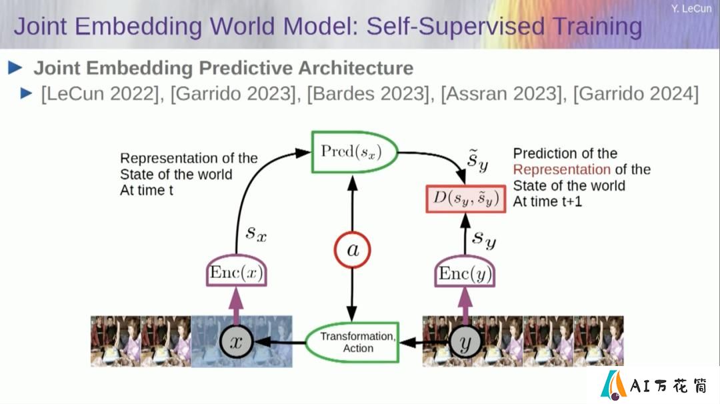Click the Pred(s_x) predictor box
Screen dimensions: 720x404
[x=354, y=152]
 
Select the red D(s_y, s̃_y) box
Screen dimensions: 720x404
[x=465, y=199]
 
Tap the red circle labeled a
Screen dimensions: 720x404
[x=352, y=250]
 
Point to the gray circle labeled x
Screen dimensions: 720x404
[x=236, y=341]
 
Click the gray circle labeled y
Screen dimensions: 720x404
[x=465, y=342]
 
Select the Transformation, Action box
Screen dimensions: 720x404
[x=353, y=343]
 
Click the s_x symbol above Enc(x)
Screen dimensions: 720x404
[x=256, y=233]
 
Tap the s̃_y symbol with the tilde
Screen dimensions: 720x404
[x=477, y=161]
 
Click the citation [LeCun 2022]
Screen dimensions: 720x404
[x=99, y=94]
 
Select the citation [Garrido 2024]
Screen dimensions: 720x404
[x=636, y=94]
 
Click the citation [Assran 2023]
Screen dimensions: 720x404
[x=502, y=94]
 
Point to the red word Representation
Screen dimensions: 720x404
[x=561, y=169]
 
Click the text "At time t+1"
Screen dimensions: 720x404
[x=547, y=201]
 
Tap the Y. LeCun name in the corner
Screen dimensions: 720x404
[x=691, y=9]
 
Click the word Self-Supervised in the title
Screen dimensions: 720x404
[x=455, y=26]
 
